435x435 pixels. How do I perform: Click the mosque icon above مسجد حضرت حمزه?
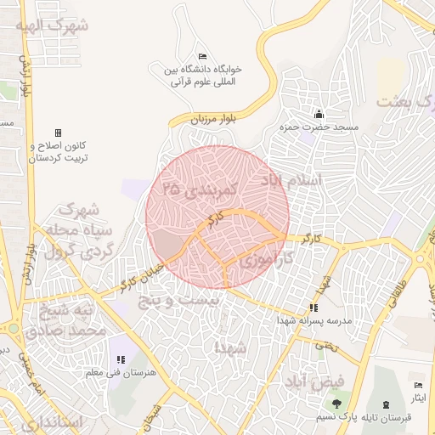point(319,114)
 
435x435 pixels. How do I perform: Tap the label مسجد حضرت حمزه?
point(319,127)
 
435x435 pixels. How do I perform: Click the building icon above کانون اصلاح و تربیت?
point(58,133)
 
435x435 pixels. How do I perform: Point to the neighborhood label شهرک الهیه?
point(56,25)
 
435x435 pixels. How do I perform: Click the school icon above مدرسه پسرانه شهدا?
point(314,308)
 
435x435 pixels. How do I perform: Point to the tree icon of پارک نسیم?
point(337,403)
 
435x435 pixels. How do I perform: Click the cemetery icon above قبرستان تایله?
point(387,403)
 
